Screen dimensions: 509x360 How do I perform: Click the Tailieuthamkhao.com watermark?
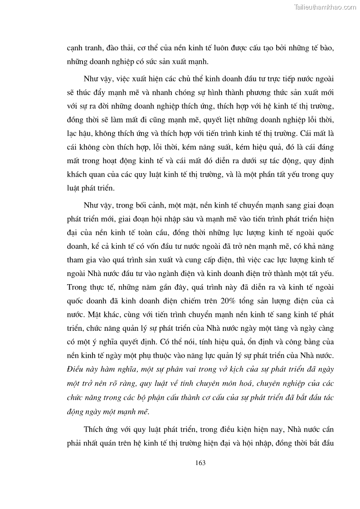[325, 7]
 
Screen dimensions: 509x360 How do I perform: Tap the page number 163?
[200, 463]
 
